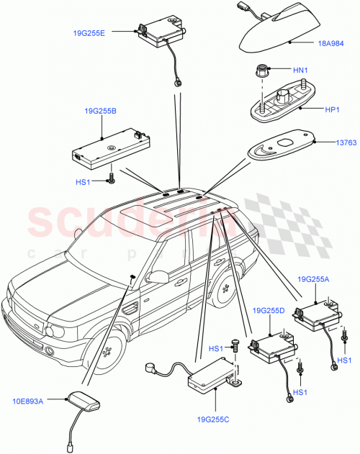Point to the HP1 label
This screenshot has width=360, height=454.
pyautogui.click(x=332, y=111)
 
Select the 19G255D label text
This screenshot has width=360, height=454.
pyautogui.click(x=269, y=310)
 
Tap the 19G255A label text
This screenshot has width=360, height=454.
pyautogui.click(x=315, y=278)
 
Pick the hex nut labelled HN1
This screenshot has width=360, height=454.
pyautogui.click(x=261, y=73)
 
